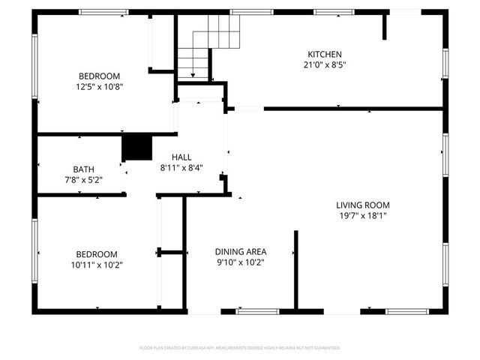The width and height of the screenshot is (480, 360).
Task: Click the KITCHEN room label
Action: [325, 54]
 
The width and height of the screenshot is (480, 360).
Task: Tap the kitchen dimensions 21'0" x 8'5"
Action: [325, 64]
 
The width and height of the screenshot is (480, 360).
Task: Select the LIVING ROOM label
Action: [363, 205]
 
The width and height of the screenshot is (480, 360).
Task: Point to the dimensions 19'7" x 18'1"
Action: [363, 216]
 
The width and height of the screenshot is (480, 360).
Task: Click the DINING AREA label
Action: [241, 251]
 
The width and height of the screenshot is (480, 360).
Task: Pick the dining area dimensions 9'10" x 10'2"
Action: [241, 262]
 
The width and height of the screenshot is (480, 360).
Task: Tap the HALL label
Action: [181, 157]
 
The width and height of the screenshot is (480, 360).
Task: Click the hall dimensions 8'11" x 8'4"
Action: [181, 168]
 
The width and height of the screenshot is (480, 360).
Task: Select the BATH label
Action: [83, 169]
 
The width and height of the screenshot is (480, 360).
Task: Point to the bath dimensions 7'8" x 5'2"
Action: [83, 180]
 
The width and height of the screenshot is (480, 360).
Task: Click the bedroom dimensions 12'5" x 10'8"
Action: [100, 86]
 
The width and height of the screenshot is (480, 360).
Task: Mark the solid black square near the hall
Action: [136, 147]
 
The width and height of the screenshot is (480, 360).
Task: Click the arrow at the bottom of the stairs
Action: [193, 73]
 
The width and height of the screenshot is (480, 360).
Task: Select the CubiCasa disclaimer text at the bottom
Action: [240, 348]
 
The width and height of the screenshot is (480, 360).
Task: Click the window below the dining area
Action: [257, 310]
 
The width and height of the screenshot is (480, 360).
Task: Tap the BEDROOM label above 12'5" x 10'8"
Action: [100, 76]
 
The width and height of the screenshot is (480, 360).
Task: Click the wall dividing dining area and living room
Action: [295, 269]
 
